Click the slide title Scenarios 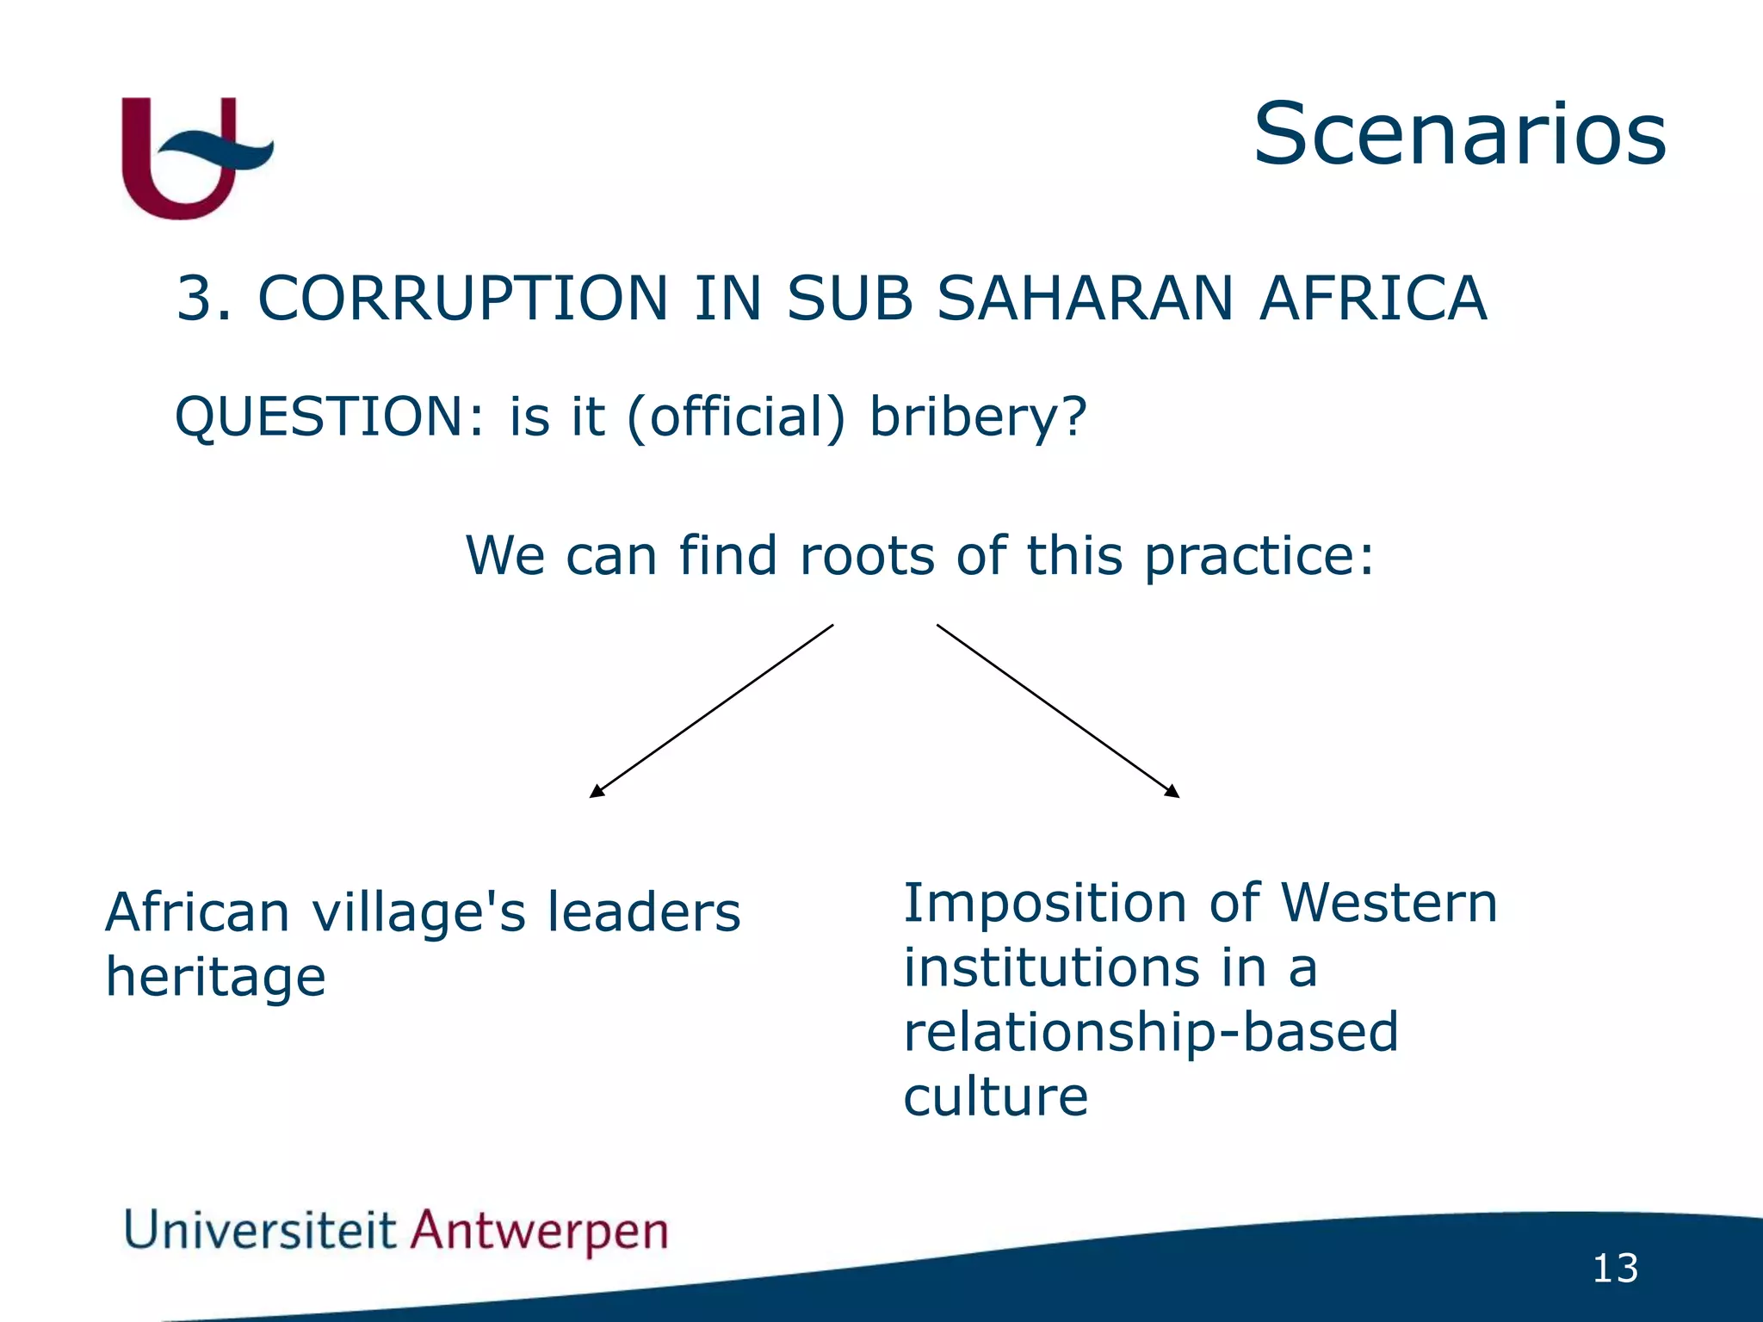click(1459, 134)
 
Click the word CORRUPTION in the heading click(462, 299)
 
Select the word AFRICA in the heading click(1373, 299)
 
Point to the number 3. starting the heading click(203, 299)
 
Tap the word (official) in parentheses click(736, 417)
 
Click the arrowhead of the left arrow click(596, 792)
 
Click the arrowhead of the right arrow click(1172, 792)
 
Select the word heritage click(215, 979)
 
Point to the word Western click(1389, 903)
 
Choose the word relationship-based click(1150, 1033)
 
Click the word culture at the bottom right click(995, 1097)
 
